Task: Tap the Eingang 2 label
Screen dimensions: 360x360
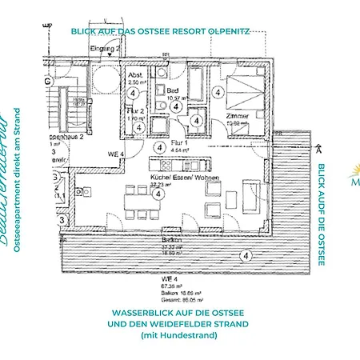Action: click(x=106, y=50)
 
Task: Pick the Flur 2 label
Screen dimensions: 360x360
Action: click(x=137, y=111)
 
